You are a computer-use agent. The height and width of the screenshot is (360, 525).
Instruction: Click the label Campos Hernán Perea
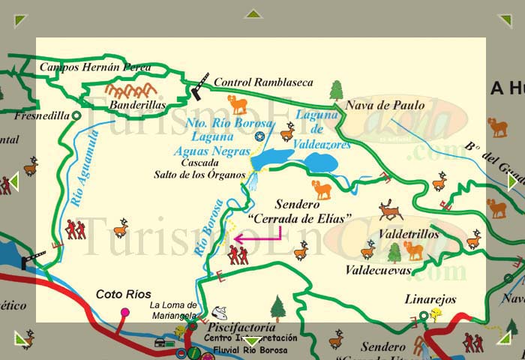[x=95, y=67]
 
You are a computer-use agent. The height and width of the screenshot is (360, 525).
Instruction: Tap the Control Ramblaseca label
[x=262, y=82]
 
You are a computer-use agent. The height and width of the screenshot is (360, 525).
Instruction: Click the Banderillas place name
[x=137, y=106]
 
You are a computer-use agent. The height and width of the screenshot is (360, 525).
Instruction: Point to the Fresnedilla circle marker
[x=76, y=115]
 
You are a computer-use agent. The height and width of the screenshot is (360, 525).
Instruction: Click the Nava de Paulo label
[x=385, y=106]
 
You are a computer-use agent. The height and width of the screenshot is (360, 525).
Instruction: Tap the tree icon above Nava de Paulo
[x=336, y=90]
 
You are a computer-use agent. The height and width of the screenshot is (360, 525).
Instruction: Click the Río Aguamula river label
[x=85, y=166]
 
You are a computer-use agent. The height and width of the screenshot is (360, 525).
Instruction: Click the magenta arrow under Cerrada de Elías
[x=257, y=238]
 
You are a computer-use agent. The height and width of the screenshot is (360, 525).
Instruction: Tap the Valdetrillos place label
[x=409, y=234]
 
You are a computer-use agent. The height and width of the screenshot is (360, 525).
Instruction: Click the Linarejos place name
[x=430, y=299]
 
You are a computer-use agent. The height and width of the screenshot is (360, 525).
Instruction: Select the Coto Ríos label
[x=124, y=294]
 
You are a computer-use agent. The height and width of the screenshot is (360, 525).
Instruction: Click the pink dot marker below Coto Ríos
[x=124, y=311]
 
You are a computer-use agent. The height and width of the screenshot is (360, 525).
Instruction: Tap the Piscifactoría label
[x=241, y=328]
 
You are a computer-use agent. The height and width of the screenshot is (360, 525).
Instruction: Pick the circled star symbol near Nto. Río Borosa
[x=259, y=136]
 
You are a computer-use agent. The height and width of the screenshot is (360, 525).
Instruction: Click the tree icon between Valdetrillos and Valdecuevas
[x=394, y=252]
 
